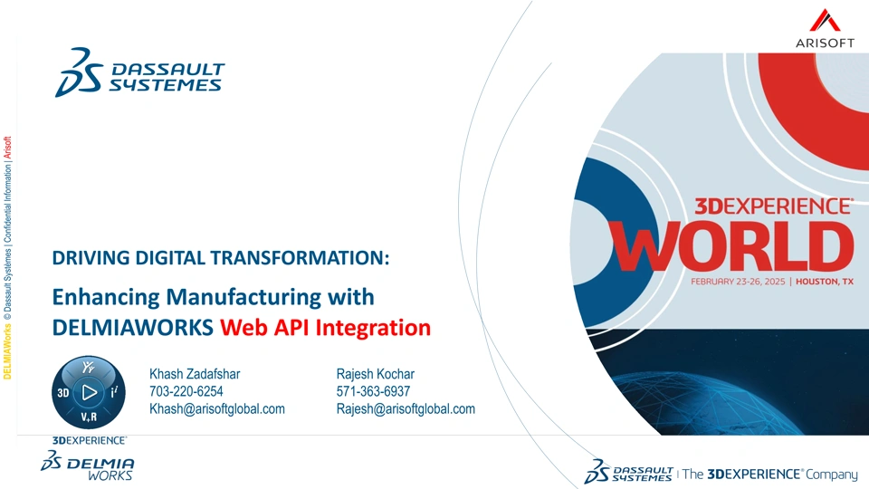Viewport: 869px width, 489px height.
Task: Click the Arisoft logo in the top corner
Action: [x=825, y=28]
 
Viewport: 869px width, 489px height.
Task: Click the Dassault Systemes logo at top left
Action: [x=139, y=72]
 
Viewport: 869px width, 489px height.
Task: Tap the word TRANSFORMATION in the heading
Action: [x=300, y=258]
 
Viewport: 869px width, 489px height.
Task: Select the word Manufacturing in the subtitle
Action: [x=244, y=297]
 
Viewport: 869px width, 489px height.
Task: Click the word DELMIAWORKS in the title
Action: [x=132, y=328]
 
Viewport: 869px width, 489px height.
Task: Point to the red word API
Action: [x=291, y=328]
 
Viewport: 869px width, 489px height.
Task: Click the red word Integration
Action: [x=373, y=328]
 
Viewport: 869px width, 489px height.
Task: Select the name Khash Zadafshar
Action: [x=195, y=374]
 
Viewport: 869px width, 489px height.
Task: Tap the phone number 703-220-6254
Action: [x=186, y=391]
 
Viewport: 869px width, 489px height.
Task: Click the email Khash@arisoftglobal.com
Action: [x=216, y=409]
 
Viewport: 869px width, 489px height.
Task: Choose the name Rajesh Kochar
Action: [x=375, y=374]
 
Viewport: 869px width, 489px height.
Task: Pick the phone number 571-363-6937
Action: [x=373, y=391]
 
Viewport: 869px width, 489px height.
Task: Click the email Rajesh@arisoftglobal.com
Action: [x=406, y=409]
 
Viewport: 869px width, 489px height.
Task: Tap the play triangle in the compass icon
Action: [x=89, y=392]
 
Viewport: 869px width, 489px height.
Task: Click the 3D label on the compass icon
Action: [x=63, y=393]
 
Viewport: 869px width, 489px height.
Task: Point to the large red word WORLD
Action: [x=731, y=246]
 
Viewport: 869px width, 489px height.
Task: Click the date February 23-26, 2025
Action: [x=738, y=282]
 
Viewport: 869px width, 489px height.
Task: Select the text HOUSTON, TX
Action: [x=825, y=282]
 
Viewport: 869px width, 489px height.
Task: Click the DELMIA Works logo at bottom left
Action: [x=87, y=465]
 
